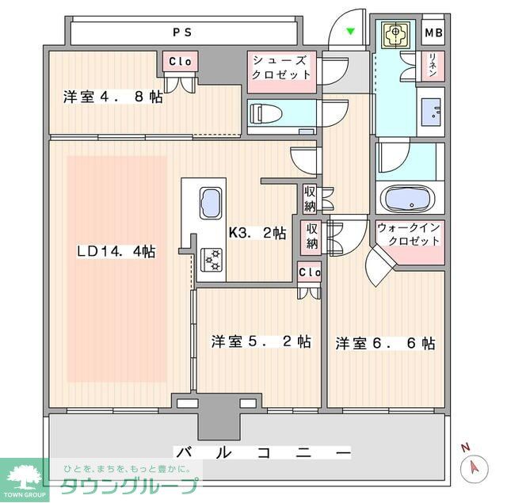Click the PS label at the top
point(184,32)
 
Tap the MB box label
point(433,33)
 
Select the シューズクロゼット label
point(281,67)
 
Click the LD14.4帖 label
point(116,252)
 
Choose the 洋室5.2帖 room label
point(260,342)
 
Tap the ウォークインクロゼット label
point(410,234)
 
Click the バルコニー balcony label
point(262,452)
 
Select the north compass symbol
point(473,467)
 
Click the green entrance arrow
point(351,32)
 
